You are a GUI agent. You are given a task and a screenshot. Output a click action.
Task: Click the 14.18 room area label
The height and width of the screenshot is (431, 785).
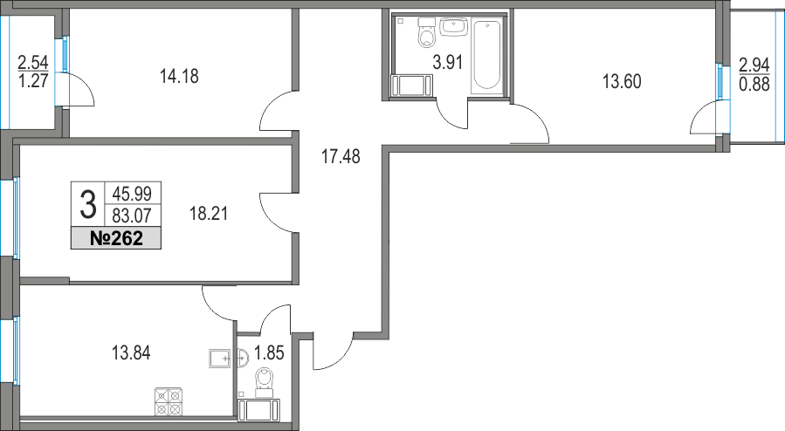coord(179,77)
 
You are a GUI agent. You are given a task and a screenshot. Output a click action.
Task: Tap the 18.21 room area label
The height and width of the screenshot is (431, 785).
coord(209,214)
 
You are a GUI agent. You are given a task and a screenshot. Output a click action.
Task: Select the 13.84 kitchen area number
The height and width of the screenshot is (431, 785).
coord(131,353)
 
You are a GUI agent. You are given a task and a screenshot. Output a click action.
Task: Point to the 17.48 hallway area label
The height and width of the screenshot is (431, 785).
coord(341,156)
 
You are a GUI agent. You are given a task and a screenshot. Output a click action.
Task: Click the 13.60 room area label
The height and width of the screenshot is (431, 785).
coord(622,81)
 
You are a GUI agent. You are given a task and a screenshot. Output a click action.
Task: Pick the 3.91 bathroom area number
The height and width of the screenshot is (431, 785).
coord(448,63)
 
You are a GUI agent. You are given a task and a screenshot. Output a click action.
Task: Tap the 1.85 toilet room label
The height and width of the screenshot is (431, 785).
coord(269,353)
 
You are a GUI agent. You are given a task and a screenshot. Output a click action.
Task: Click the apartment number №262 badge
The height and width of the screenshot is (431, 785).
coord(116,238)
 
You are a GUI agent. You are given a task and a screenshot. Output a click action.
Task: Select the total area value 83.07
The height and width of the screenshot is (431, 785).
coord(132,215)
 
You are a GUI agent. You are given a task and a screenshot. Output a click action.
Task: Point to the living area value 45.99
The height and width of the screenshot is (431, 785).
coord(132,193)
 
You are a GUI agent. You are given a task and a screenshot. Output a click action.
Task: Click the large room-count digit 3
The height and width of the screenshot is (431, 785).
coord(88,205)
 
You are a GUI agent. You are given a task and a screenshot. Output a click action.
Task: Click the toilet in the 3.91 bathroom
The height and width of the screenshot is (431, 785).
coord(427,32)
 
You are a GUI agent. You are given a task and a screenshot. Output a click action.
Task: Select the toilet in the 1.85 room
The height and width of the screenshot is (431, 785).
coord(264,379)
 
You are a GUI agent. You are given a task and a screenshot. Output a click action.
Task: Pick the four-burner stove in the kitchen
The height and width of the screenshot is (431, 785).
coord(168,401)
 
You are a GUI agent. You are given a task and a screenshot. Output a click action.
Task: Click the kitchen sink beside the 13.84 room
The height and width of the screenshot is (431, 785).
coord(219,359)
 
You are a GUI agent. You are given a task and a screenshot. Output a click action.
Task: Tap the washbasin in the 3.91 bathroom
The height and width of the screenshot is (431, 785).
coord(453,26)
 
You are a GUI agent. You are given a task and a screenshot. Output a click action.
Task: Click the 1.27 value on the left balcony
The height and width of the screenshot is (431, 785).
coord(33,81)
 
